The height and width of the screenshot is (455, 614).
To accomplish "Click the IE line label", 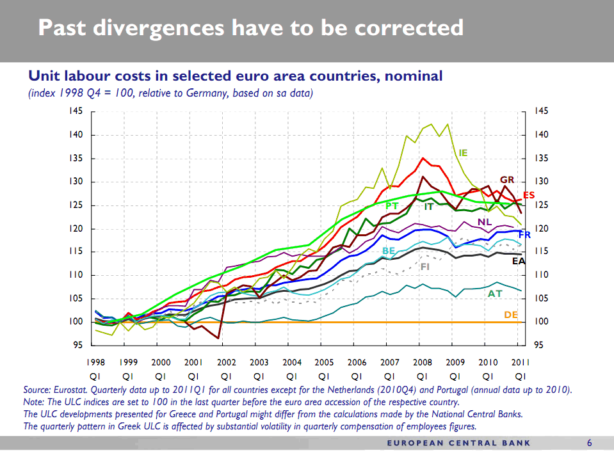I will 463,153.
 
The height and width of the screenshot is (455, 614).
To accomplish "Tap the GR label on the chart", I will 507,180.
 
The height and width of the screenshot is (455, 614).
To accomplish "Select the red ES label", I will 529,195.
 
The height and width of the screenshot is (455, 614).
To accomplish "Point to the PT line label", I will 392,205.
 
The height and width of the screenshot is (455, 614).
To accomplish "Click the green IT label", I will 428,207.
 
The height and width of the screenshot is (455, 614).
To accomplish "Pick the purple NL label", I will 484,222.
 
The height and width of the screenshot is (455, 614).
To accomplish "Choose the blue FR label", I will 524,235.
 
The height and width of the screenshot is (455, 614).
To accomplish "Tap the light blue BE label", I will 389,250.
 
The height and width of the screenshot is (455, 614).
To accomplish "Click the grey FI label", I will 424,266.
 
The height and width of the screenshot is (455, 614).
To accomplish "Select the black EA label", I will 519,261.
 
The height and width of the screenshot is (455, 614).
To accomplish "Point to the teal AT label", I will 495,294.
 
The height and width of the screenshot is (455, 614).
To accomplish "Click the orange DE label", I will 511,315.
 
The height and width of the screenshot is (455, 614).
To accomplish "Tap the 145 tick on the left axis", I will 76,111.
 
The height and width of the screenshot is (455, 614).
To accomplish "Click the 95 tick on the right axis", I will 538,345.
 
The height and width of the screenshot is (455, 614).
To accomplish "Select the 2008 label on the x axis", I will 422,362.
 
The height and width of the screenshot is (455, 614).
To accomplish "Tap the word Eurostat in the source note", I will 70,389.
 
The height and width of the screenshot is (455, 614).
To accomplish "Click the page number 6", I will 589,443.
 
